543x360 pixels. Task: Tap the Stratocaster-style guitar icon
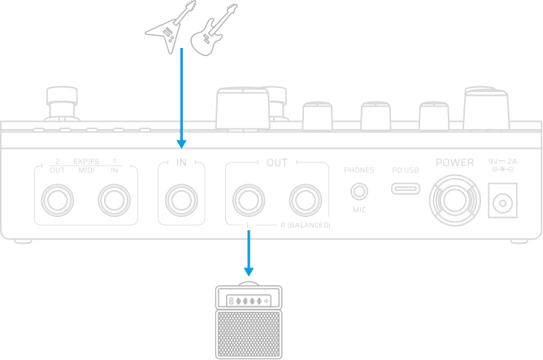[213, 29]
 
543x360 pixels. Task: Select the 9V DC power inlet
[502, 199]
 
